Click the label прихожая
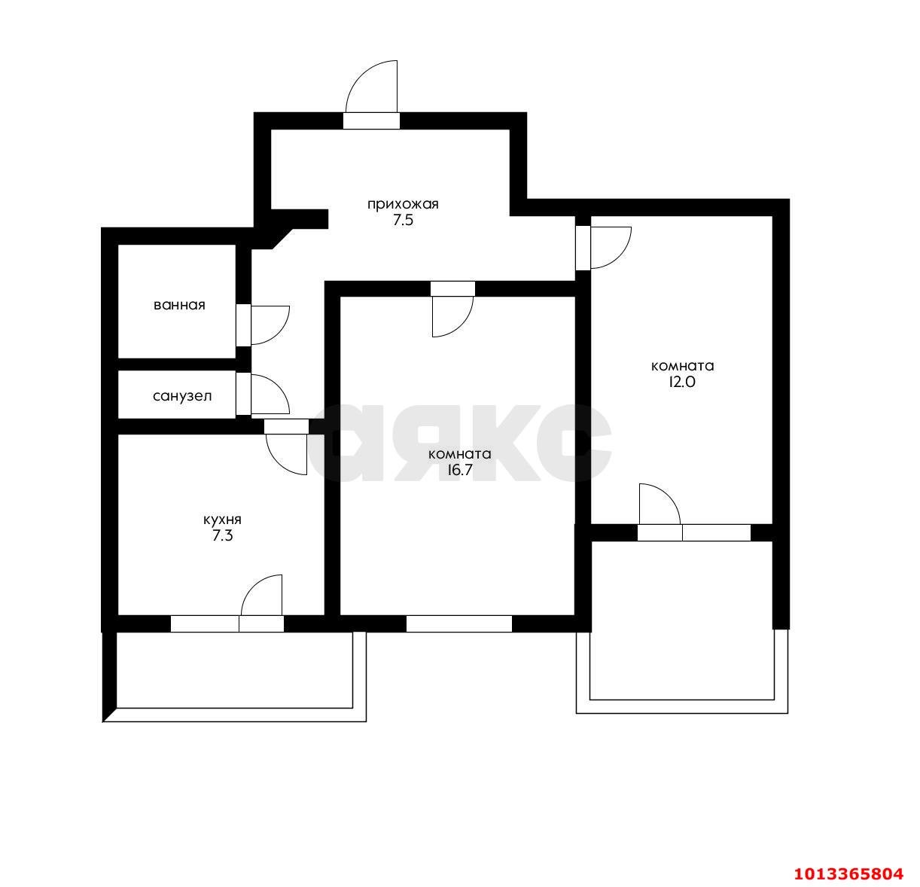click(x=403, y=204)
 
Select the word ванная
click(x=179, y=305)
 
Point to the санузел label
click(x=182, y=395)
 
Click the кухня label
click(x=222, y=520)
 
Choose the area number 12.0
click(x=682, y=382)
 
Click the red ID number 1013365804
click(x=848, y=873)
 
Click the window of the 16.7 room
click(x=459, y=623)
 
